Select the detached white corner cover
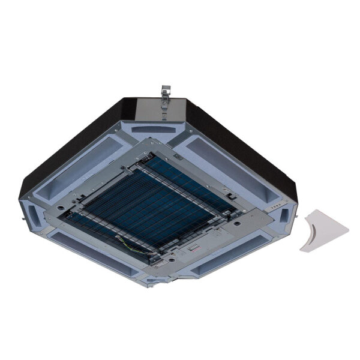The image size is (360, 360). coord(323,230)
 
